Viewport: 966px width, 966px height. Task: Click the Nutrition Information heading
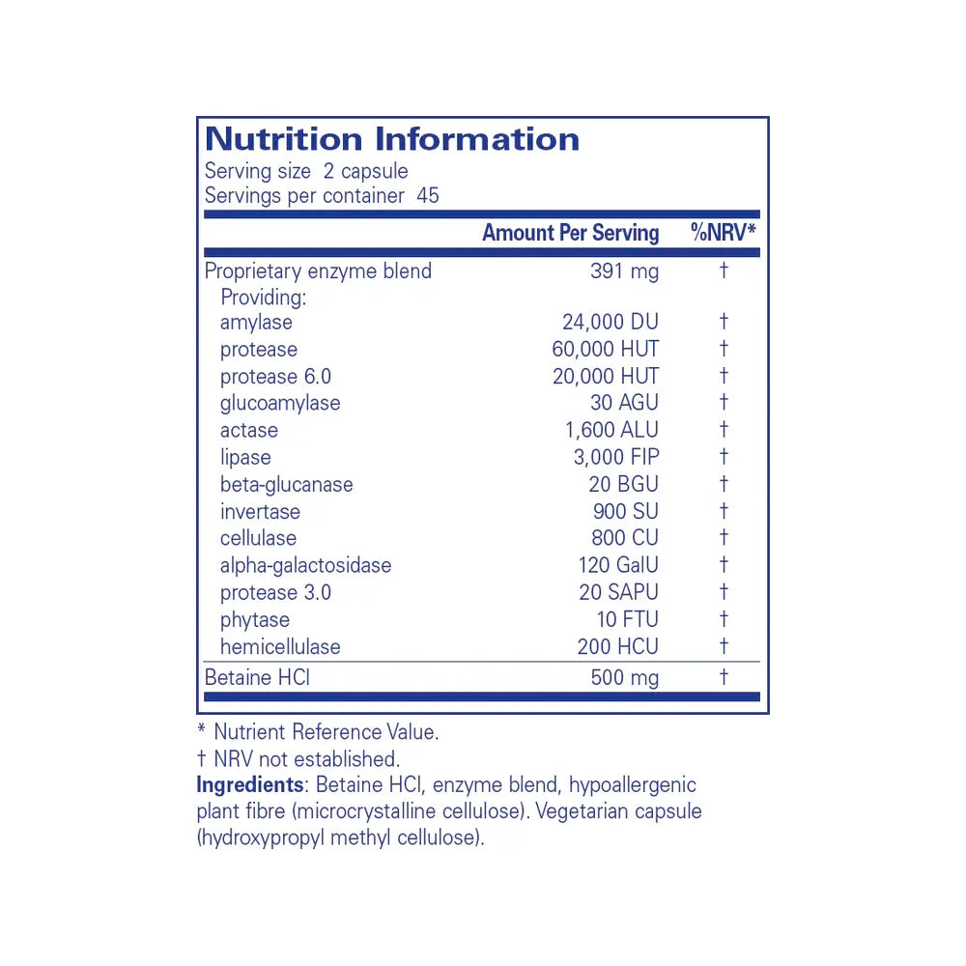[391, 139]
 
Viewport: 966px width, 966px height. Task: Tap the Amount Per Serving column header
[570, 233]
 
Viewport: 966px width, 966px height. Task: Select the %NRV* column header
[723, 233]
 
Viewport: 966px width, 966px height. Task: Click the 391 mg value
[624, 271]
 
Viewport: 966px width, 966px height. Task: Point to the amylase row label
[256, 323]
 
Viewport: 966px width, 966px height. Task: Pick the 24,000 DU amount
[611, 323]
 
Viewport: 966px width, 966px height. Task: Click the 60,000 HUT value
[606, 350]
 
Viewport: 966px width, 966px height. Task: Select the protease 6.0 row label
[275, 377]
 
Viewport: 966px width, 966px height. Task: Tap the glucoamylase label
[280, 404]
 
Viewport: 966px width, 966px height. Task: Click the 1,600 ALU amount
[611, 431]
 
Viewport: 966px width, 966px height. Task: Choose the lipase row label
[245, 458]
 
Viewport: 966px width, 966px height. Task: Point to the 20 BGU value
[623, 485]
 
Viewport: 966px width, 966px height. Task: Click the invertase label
[260, 512]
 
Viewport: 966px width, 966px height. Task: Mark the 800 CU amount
[625, 539]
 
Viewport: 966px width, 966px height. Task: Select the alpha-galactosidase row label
[305, 566]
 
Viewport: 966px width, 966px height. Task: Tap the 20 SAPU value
[618, 593]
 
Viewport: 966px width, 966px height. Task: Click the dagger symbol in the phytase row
[724, 619]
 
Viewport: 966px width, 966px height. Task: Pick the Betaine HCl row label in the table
[257, 678]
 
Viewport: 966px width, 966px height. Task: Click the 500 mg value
[624, 678]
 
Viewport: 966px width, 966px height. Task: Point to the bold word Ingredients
[249, 785]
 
